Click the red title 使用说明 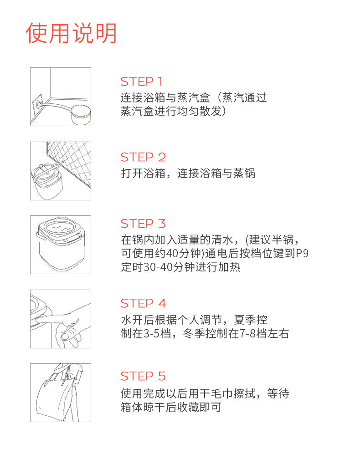[x=71, y=33]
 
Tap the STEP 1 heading [x=142, y=82]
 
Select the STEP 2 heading [x=143, y=157]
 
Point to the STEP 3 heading [x=143, y=223]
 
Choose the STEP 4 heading [x=143, y=303]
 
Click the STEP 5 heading [x=143, y=376]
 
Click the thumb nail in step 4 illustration [x=65, y=336]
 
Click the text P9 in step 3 [x=302, y=254]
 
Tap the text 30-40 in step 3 [x=158, y=267]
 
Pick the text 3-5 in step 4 [x=151, y=334]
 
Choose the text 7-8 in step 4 [x=248, y=334]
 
